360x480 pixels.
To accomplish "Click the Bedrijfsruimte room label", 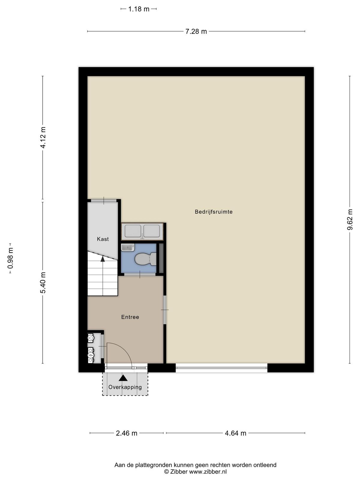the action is [214, 212].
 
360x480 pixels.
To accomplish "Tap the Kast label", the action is [103, 239].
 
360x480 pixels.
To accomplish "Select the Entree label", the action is [130, 317].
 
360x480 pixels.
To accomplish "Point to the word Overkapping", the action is [125, 387].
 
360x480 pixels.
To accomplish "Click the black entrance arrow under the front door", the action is [123, 378].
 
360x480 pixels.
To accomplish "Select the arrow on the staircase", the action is [103, 259].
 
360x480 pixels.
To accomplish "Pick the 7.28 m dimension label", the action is [196, 31].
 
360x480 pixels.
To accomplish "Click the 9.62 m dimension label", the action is [350, 220].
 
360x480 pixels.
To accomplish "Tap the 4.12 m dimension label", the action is [43, 137].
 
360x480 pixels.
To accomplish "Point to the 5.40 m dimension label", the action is [43, 283].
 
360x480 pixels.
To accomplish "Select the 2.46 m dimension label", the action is [127, 433].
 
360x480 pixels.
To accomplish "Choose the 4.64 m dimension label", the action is [235, 433].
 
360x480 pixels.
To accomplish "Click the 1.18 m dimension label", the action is [139, 9].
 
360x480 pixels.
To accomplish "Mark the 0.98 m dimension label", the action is [10, 258].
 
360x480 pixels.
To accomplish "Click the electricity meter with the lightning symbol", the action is [91, 355].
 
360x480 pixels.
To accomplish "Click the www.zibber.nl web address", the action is [208, 472].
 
